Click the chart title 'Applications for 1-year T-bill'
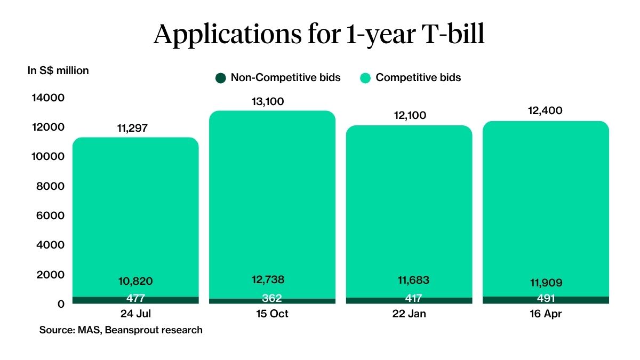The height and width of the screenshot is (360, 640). tap(319, 34)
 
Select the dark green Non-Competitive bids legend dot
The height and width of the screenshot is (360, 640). tap(220, 78)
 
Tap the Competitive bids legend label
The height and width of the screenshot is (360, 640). tap(418, 78)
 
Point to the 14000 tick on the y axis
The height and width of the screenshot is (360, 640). tap(49, 98)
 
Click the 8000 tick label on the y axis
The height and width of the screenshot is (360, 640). tap(52, 186)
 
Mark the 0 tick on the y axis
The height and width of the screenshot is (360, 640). tap(60, 304)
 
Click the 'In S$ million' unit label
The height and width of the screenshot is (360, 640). tap(58, 70)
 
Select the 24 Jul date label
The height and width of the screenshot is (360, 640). tap(135, 314)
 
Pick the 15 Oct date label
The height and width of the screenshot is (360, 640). tap(272, 314)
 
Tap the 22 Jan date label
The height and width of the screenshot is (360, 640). tap(409, 314)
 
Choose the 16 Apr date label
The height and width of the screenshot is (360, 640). tap(546, 314)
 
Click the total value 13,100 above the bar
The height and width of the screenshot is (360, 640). tap(272, 101)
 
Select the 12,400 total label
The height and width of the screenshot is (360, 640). tap(546, 111)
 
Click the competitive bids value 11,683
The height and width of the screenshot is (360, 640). tap(409, 281)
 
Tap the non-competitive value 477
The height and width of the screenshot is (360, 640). tap(135, 299)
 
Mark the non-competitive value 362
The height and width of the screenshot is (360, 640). tap(272, 299)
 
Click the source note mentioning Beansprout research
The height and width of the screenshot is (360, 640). tap(121, 330)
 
